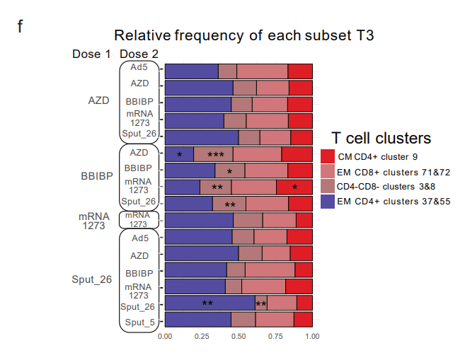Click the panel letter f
pyautogui.click(x=21, y=27)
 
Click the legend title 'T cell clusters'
pyautogui.click(x=381, y=138)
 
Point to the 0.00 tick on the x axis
pyautogui.click(x=164, y=337)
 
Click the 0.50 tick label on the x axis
pyautogui.click(x=238, y=337)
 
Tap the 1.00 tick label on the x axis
pyautogui.click(x=312, y=337)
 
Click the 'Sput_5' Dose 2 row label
pyautogui.click(x=139, y=323)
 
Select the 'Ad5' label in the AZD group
pyautogui.click(x=139, y=68)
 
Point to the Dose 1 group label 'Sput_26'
pyautogui.click(x=92, y=279)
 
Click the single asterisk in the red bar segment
pyautogui.click(x=294, y=187)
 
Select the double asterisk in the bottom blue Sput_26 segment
pyautogui.click(x=207, y=304)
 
